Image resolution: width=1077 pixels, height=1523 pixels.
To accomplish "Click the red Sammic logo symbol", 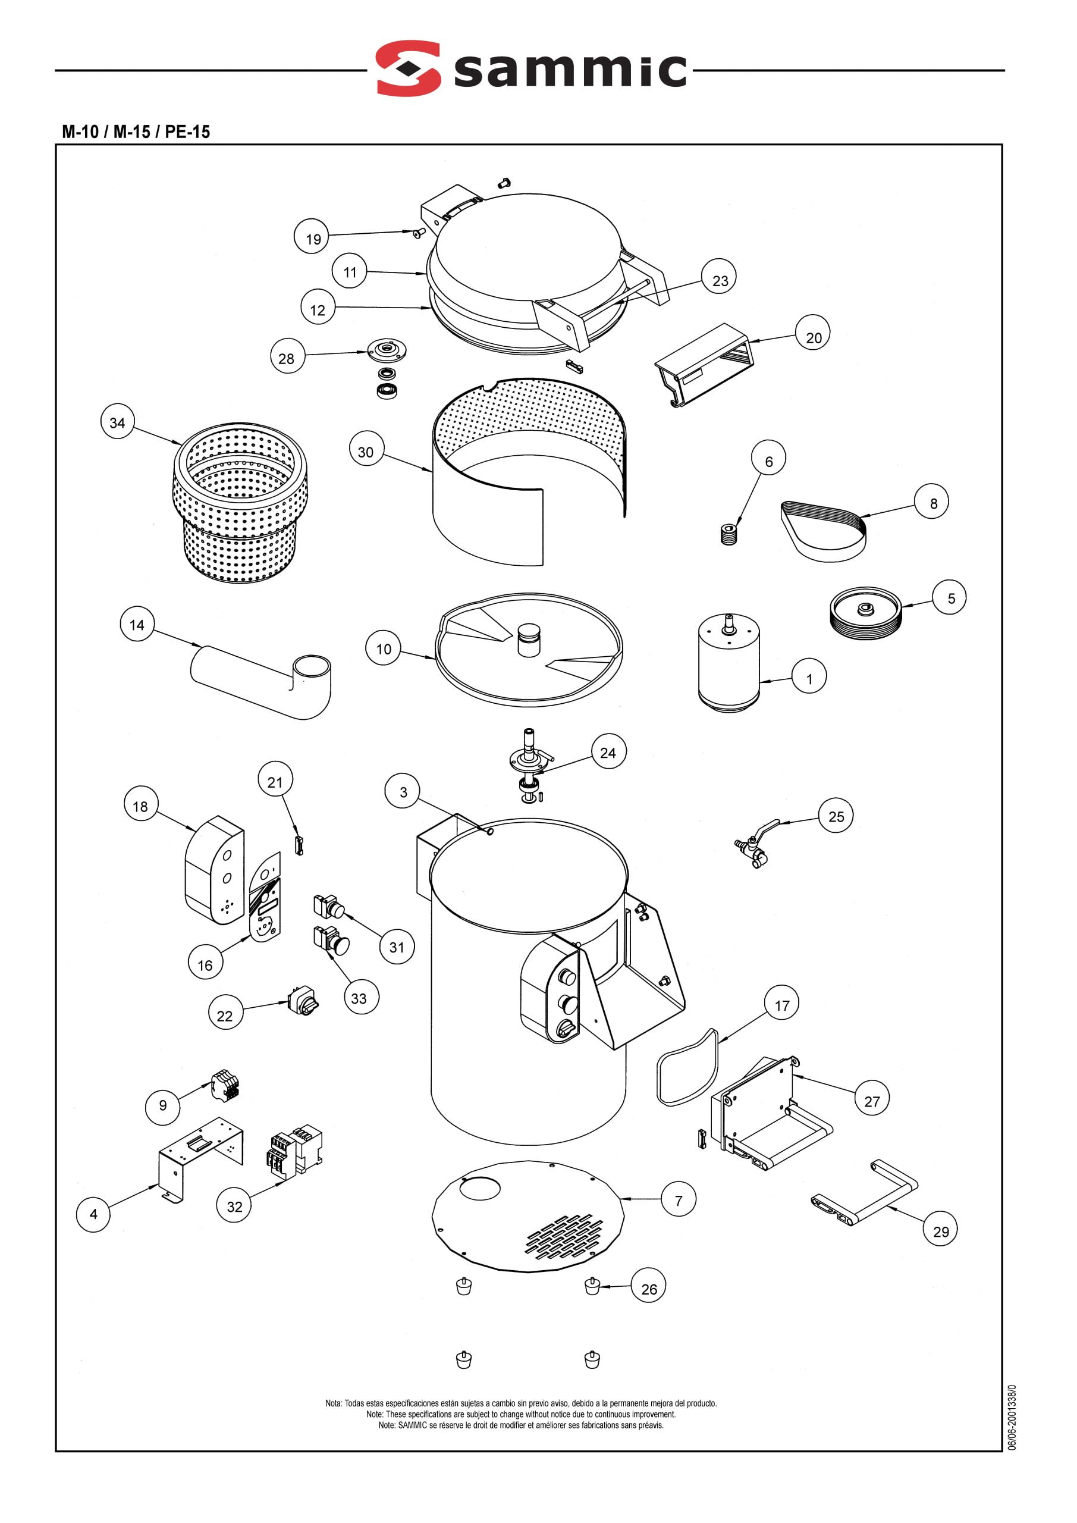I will click(408, 68).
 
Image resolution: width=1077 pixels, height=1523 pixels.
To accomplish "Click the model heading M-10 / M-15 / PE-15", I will click(136, 131).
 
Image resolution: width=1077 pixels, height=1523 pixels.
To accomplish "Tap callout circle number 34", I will click(117, 422).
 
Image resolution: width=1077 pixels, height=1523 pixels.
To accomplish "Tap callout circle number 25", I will click(836, 816).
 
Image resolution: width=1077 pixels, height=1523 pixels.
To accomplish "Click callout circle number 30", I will click(366, 452).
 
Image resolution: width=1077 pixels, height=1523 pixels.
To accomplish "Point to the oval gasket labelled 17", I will click(687, 1067).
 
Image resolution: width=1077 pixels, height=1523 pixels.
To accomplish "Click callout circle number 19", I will click(312, 239).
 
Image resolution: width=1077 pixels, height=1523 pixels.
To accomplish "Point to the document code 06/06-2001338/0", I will click(1012, 1416).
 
